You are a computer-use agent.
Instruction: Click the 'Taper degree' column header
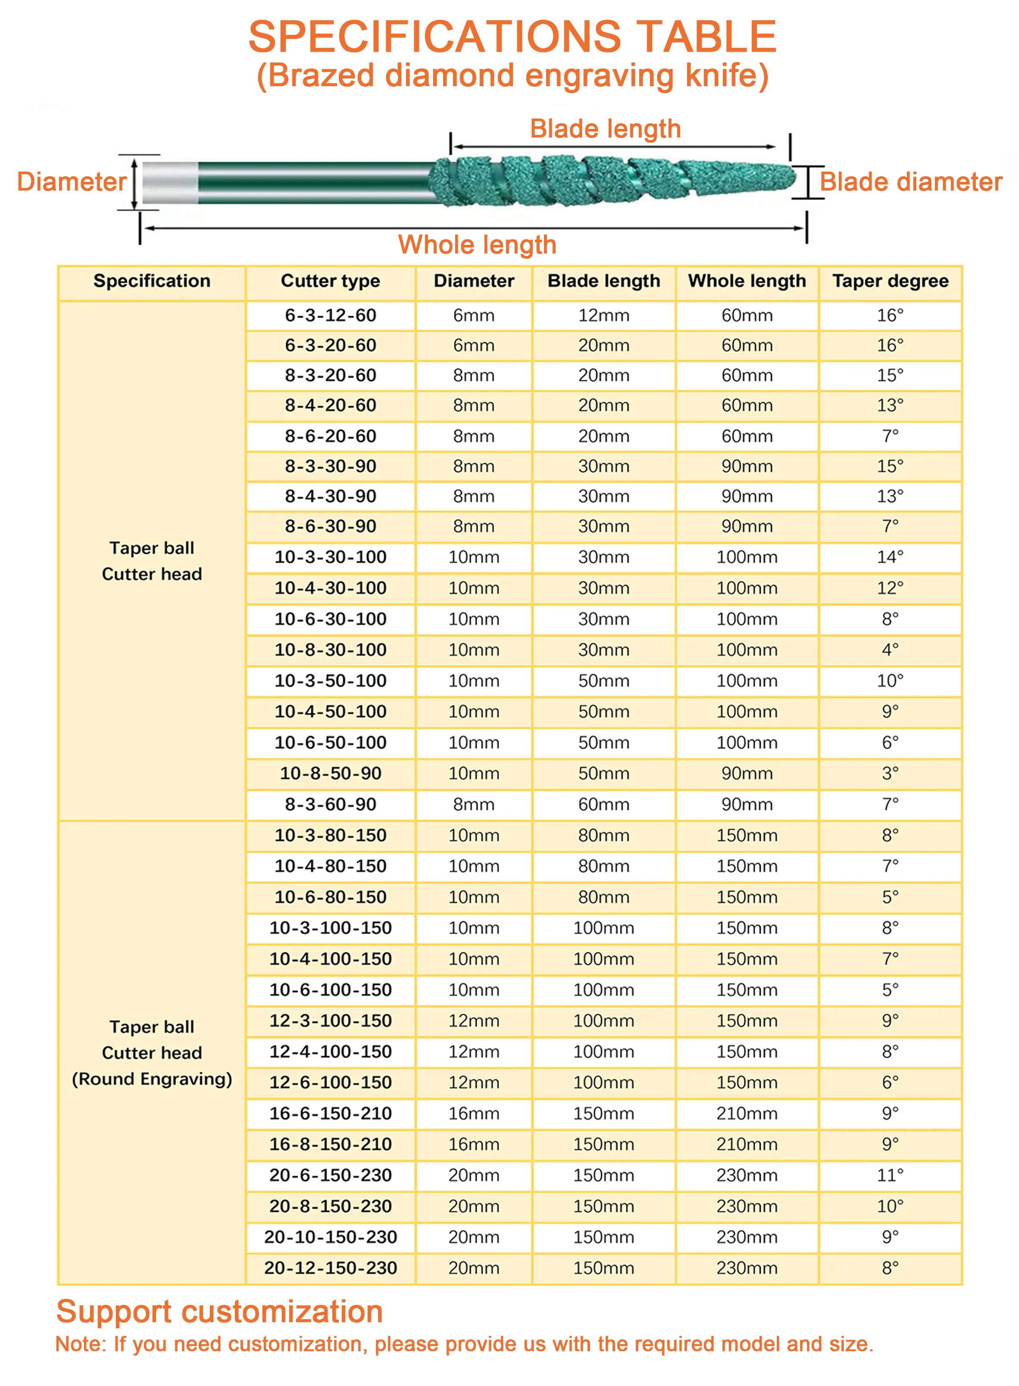click(890, 281)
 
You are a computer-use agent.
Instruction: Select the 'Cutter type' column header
click(330, 281)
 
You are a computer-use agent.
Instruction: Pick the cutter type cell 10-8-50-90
click(330, 773)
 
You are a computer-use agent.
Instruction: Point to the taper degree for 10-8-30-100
click(890, 650)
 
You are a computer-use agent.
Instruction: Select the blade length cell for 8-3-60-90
click(603, 804)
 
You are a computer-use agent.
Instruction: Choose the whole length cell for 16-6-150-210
click(747, 1114)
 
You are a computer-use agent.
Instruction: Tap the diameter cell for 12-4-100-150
click(474, 1052)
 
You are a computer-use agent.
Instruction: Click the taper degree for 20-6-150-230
click(890, 1175)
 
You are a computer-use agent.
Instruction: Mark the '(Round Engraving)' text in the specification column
click(152, 1079)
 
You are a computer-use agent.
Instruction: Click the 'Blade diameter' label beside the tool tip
click(910, 182)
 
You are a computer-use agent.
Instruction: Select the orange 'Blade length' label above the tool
click(605, 129)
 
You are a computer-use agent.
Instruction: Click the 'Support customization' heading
click(219, 1311)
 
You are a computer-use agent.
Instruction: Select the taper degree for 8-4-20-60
click(890, 406)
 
